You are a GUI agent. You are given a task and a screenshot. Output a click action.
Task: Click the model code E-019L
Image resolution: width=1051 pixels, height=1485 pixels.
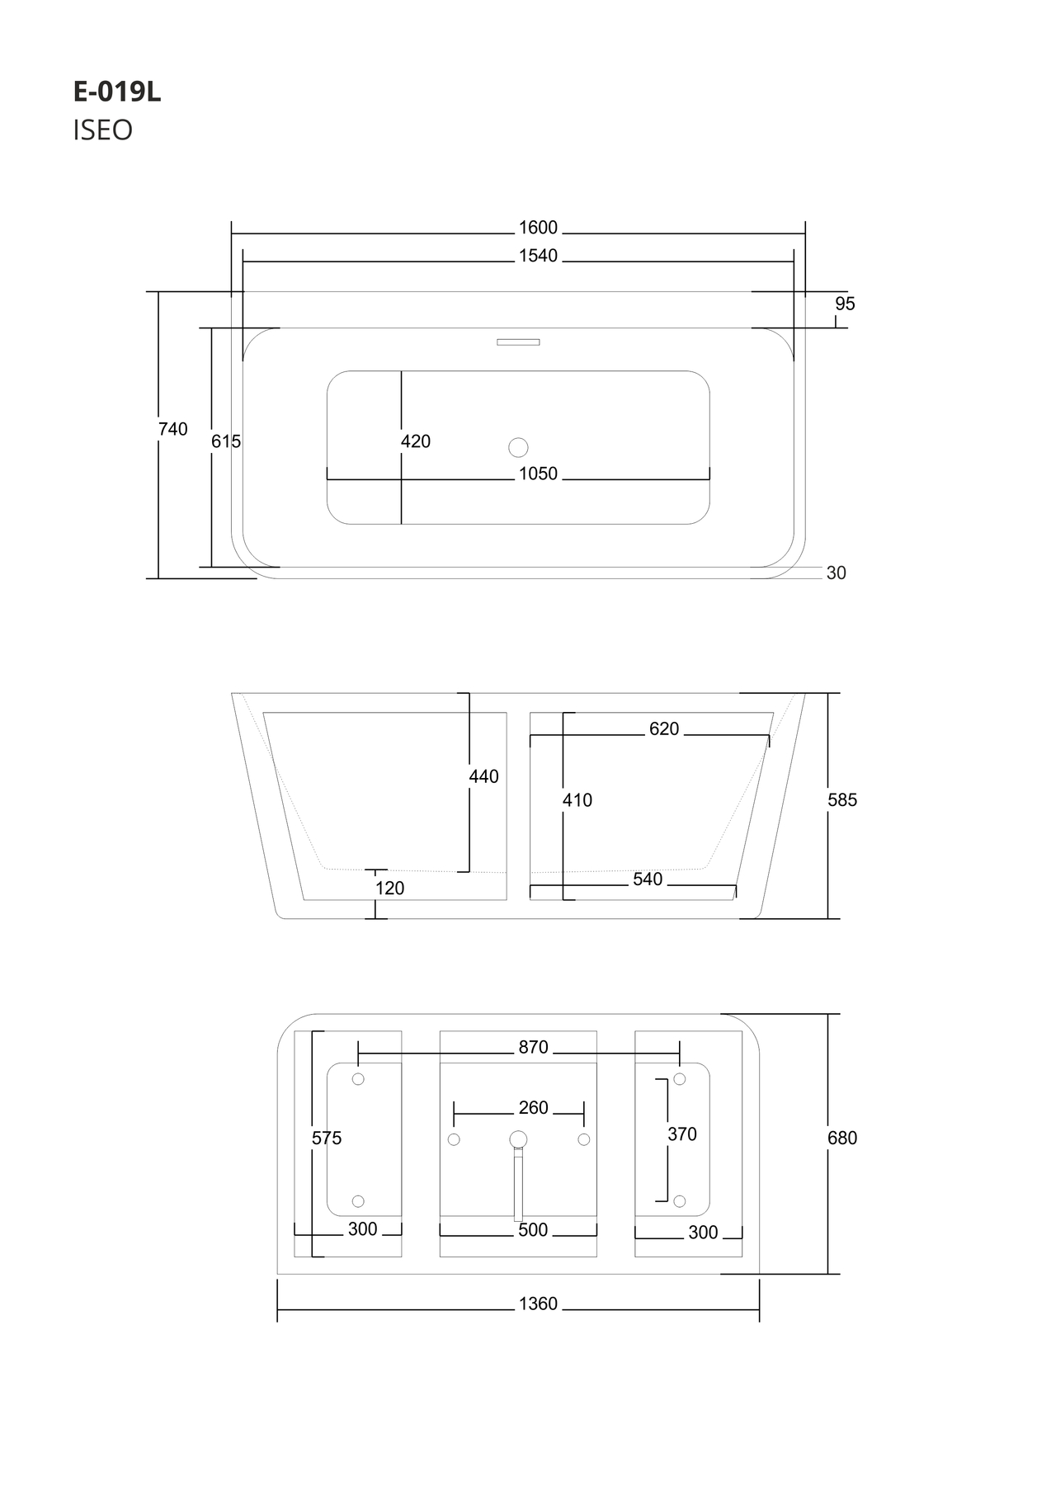pos(117,92)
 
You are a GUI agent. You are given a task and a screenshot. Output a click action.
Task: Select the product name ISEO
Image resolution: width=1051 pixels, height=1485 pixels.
pos(102,130)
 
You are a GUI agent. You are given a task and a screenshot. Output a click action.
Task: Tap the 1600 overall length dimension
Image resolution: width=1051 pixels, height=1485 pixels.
pos(538,228)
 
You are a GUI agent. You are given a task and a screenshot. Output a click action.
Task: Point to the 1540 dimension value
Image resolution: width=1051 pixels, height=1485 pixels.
pos(538,256)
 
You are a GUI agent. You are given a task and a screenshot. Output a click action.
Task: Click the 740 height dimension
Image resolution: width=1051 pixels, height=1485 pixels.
pos(173,429)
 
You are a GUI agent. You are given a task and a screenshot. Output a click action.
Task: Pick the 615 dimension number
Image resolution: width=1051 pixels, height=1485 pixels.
pos(226,441)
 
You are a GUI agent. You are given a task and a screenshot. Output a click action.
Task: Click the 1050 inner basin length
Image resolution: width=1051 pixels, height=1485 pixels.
pos(538,474)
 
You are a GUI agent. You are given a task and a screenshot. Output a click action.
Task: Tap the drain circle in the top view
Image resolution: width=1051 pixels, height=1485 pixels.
pos(518,447)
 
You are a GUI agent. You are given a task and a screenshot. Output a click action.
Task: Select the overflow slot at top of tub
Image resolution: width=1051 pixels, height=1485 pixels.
pos(518,342)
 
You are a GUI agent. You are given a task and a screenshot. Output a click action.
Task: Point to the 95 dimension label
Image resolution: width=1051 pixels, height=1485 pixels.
pos(845,304)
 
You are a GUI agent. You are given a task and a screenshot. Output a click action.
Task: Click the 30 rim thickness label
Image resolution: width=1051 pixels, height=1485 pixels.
pos(836,573)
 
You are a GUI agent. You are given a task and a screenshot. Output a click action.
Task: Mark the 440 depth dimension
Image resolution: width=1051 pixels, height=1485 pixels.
pos(483,776)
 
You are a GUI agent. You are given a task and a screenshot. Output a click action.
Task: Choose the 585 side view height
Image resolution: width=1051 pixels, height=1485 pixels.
pos(842,799)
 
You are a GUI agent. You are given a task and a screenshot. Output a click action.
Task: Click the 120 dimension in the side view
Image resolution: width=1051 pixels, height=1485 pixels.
pos(389,888)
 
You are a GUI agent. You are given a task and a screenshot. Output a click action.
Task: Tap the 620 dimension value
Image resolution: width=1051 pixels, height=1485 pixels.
pos(664,728)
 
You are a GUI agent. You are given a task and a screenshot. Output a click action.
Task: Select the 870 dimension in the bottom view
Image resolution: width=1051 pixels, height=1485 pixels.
pos(533,1047)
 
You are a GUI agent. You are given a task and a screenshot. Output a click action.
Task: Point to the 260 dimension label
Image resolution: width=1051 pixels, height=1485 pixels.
pos(533,1107)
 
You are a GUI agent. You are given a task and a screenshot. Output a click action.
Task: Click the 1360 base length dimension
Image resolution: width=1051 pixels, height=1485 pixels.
pos(538,1303)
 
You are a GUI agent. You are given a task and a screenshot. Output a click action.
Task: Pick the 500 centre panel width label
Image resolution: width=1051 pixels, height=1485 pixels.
pos(533,1230)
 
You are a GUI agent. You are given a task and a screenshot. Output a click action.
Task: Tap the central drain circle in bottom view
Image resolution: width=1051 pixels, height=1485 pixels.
pos(518,1139)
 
